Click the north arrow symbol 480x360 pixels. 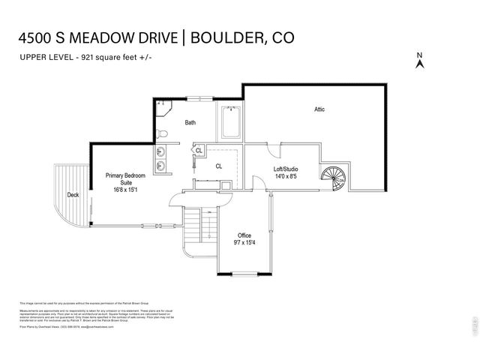[420, 61]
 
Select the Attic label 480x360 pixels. [319, 109]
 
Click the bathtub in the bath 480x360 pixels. [229, 123]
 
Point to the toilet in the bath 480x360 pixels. [163, 133]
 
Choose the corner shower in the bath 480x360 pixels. [164, 108]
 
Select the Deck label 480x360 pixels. [73, 194]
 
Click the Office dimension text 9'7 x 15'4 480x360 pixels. [244, 242]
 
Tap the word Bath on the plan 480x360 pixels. [190, 122]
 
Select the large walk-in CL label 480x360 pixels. [219, 166]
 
